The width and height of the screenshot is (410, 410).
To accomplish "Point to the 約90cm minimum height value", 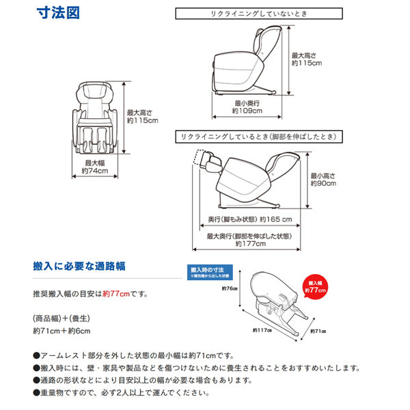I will pyautogui.click(x=323, y=183).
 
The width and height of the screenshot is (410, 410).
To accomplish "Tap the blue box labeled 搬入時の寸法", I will pyautogui.click(x=212, y=273).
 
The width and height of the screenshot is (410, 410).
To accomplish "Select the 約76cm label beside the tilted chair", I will pyautogui.click(x=229, y=289).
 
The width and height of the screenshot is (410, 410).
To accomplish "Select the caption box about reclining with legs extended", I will pyautogui.click(x=257, y=137).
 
